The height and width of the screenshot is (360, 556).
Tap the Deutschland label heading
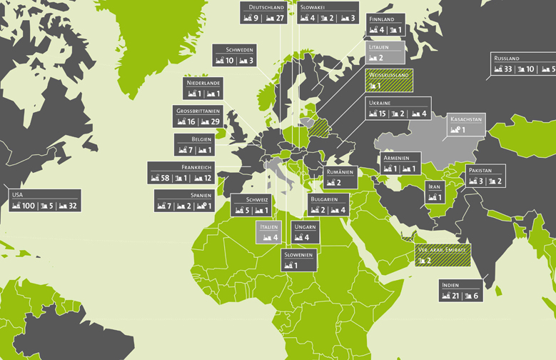click(x=263, y=7)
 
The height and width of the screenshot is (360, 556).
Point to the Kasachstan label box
click(x=466, y=124)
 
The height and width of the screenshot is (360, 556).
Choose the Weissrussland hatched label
click(x=388, y=79)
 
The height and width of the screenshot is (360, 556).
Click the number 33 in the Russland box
click(x=508, y=69)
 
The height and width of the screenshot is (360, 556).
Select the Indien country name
click(x=451, y=285)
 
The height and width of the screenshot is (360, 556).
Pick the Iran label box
click(x=435, y=192)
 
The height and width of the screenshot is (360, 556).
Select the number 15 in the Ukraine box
click(x=383, y=114)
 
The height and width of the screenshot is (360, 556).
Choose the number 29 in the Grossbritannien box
click(x=216, y=122)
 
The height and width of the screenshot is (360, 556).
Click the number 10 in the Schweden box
click(x=230, y=61)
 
